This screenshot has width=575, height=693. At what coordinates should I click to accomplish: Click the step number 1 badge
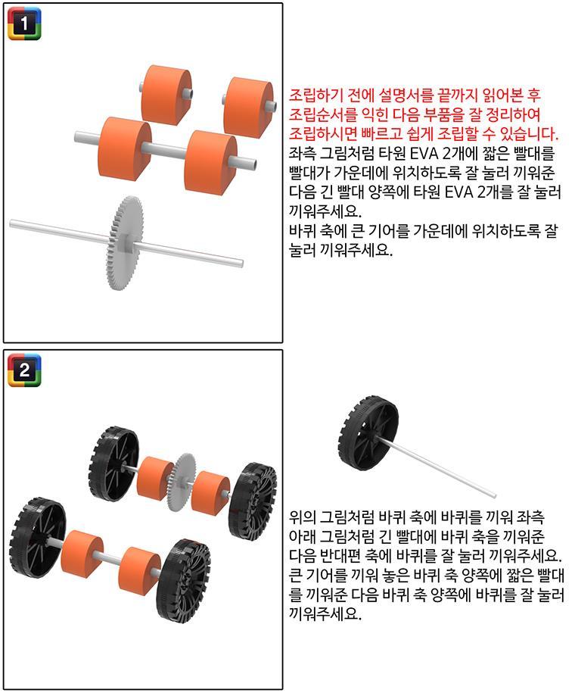pos(25,24)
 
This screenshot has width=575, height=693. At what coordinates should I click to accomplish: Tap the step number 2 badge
pos(25,370)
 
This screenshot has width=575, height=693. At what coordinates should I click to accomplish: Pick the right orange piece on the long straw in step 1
pos(210,162)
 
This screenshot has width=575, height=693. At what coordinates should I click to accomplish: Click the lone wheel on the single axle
pos(368,432)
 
